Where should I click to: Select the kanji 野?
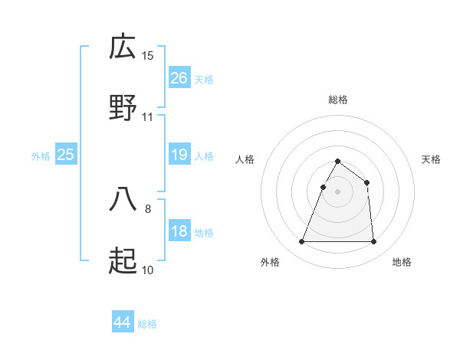tap(123, 108)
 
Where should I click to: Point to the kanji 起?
tap(123, 261)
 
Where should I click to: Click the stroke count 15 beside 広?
tap(148, 56)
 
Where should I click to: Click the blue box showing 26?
tap(179, 77)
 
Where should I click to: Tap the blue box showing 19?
tap(179, 155)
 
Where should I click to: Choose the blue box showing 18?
tap(179, 231)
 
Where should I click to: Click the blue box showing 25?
tap(66, 155)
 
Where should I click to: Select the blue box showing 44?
tap(123, 322)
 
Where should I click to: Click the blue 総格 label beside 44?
tap(147, 324)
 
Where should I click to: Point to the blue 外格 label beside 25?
tap(41, 156)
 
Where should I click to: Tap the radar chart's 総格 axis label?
tap(338, 100)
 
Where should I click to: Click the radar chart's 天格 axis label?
tap(431, 159)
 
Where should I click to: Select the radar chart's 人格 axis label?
tap(245, 159)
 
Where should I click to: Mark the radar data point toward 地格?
tap(373, 242)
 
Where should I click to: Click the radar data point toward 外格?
tap(302, 242)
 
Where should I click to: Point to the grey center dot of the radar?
tap(338, 192)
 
